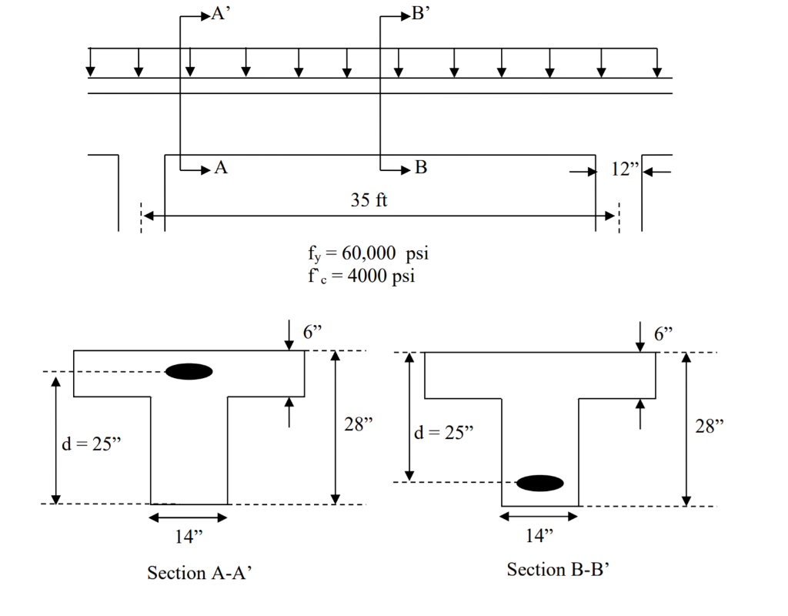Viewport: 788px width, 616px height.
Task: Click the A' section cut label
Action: pos(222,15)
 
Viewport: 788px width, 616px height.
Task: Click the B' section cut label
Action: pos(422,15)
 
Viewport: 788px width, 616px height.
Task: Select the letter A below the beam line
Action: pos(222,167)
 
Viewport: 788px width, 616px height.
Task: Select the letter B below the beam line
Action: pos(421,167)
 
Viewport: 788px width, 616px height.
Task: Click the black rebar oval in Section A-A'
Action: pos(189,371)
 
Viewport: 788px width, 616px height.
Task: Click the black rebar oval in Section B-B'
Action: pos(539,483)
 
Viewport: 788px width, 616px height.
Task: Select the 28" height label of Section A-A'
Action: pos(359,424)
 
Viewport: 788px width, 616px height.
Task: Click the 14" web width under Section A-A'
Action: pos(188,536)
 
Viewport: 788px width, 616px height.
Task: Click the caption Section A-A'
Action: pos(199,574)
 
